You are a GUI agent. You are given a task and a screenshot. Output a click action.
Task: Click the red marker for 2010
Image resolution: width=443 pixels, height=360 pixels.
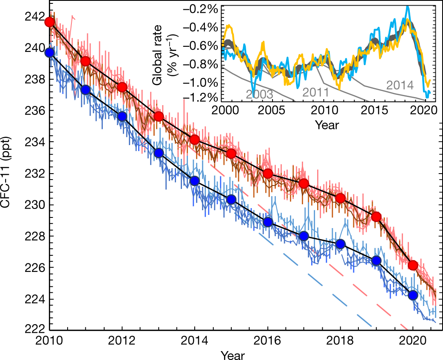click(50, 22)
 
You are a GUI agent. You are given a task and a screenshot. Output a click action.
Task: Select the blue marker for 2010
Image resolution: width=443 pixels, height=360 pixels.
click(50, 52)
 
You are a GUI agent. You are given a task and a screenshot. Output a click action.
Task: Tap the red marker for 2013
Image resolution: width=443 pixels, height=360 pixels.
click(159, 117)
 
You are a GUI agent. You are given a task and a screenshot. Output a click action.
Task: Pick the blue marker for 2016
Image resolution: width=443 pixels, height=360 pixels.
click(267, 222)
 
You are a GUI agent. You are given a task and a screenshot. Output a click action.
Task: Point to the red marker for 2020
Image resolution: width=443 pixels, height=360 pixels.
click(412, 265)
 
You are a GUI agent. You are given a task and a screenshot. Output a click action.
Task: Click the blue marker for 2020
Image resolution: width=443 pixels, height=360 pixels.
click(412, 295)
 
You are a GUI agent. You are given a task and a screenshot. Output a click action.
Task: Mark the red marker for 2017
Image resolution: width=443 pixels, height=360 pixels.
click(304, 183)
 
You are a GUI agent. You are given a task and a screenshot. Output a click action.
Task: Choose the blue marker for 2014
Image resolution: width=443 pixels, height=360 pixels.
click(195, 181)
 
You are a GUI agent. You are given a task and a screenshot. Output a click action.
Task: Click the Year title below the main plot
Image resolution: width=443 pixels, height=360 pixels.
click(232, 354)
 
